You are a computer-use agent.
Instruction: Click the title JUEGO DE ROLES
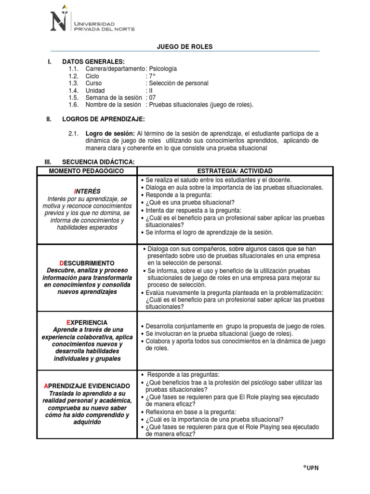tap(185, 47)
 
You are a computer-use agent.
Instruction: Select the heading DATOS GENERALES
tap(93, 61)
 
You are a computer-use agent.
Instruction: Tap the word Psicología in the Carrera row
tap(163, 69)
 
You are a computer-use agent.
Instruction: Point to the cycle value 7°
tap(152, 76)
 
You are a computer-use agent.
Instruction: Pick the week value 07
tap(153, 97)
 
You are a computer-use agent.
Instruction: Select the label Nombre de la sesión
tap(113, 105)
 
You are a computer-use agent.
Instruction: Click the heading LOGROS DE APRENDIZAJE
tap(103, 119)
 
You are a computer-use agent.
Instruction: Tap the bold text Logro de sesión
tap(110, 133)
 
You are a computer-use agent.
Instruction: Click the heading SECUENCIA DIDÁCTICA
tap(99, 162)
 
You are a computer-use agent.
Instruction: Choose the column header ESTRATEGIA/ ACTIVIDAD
tap(235, 171)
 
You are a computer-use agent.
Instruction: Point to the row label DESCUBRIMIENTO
tap(87, 263)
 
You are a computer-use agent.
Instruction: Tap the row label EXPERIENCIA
tap(87, 322)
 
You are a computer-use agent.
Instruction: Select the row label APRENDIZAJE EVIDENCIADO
tap(87, 386)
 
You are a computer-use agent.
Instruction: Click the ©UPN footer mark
tap(311, 467)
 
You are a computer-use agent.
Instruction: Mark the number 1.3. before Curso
tap(73, 83)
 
